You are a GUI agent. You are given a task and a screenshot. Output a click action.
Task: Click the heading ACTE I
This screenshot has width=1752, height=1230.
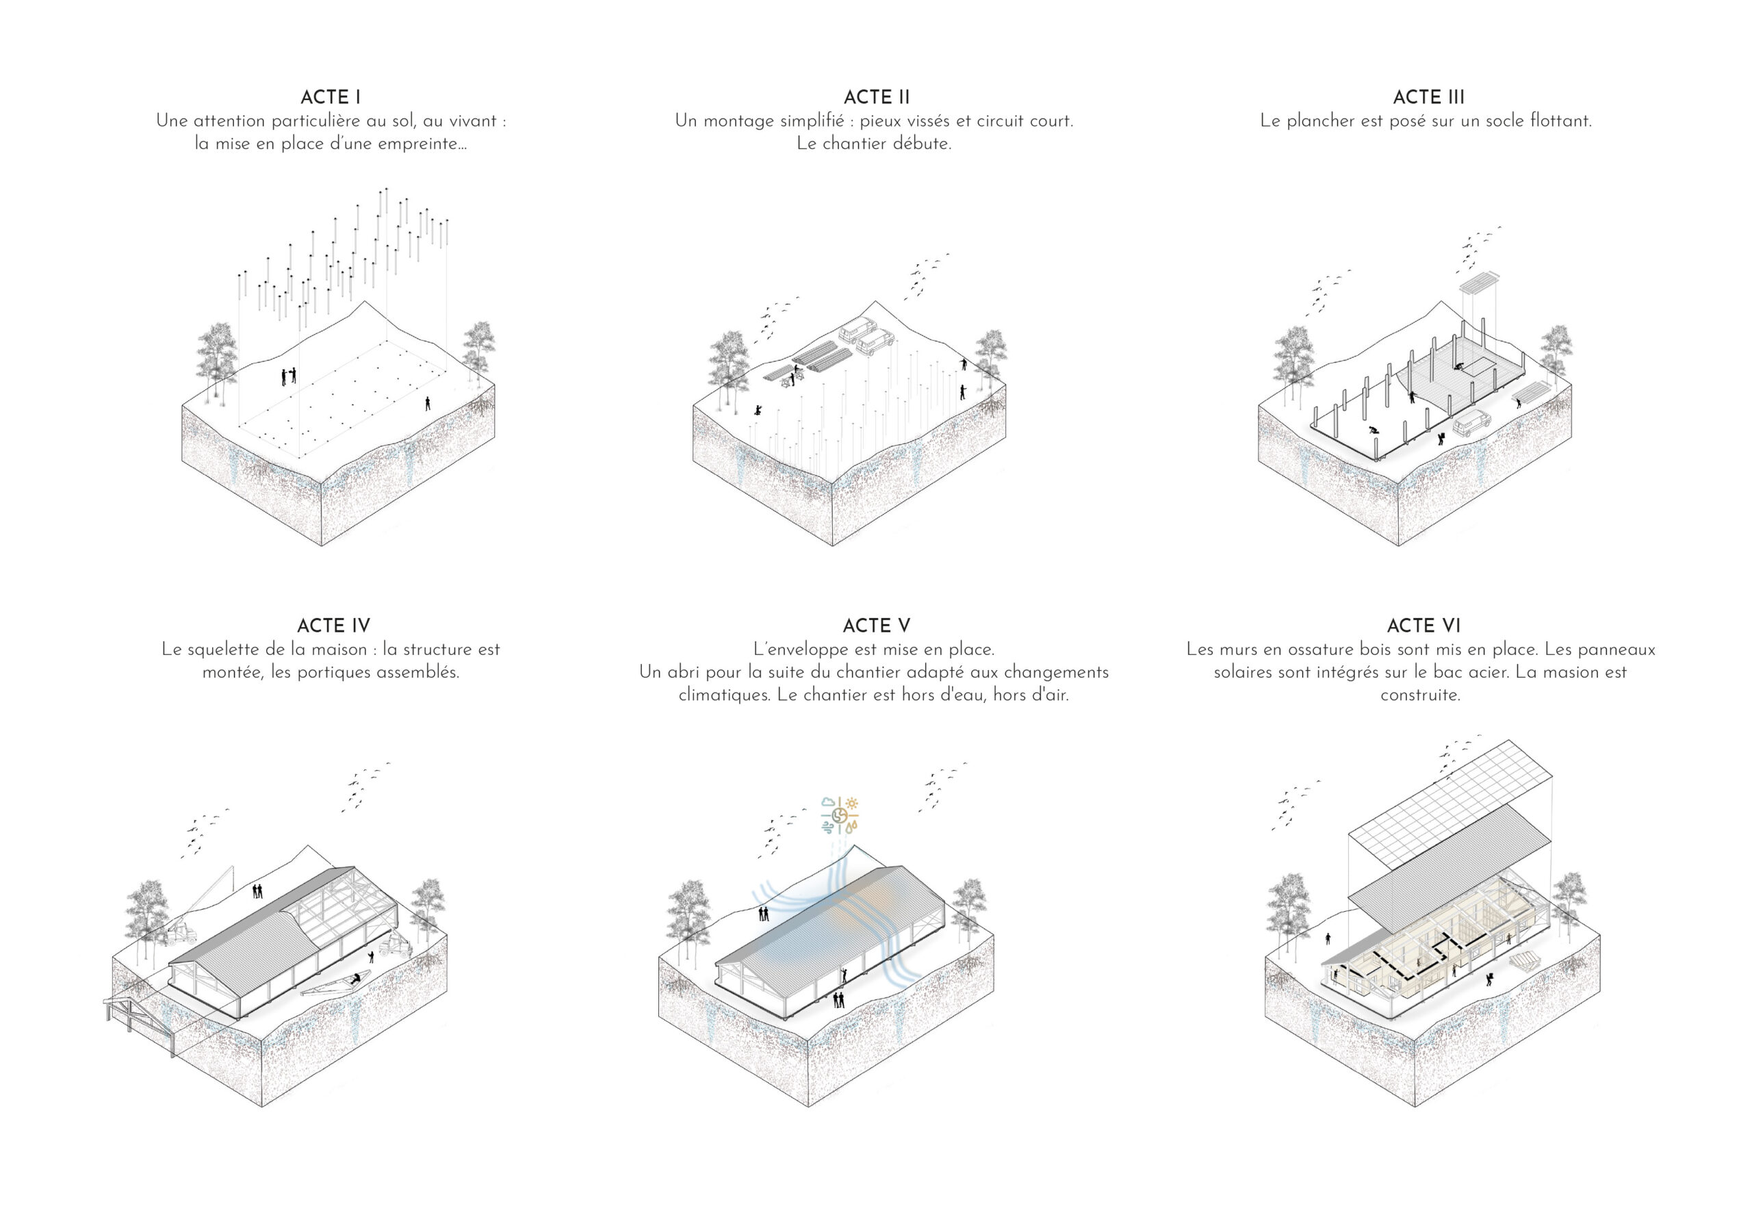coord(331,98)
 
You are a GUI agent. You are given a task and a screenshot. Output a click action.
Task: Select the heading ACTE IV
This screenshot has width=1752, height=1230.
coord(333,626)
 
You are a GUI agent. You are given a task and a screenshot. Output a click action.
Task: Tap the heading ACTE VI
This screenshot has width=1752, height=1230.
coord(1423,626)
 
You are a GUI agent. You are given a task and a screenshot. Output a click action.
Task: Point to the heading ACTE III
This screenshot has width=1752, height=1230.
coord(1428,98)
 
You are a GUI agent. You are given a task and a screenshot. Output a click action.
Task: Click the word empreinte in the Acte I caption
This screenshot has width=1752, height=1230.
coord(424,144)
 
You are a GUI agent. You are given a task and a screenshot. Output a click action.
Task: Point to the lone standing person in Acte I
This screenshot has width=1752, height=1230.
coord(427,403)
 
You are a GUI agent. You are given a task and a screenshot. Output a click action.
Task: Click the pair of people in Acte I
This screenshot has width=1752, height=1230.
coord(288,376)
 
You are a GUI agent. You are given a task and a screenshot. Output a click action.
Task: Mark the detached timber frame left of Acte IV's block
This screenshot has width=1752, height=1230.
coord(141,1018)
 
